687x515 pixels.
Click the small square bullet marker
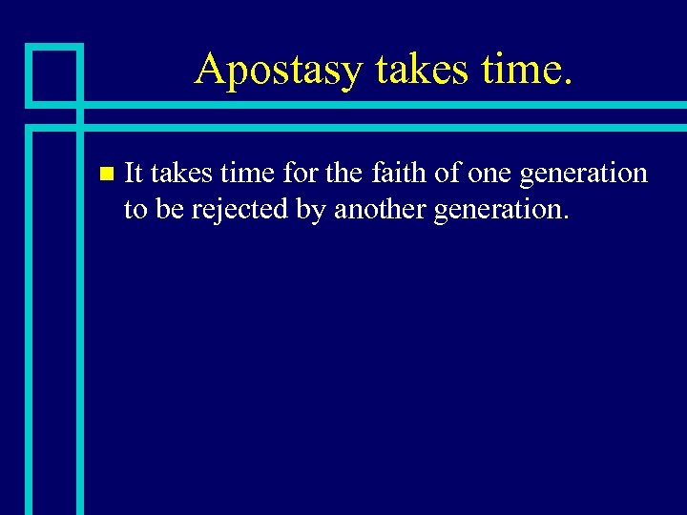pos(106,175)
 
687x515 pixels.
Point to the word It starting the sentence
pos(134,174)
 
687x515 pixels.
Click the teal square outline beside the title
pos(53,73)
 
